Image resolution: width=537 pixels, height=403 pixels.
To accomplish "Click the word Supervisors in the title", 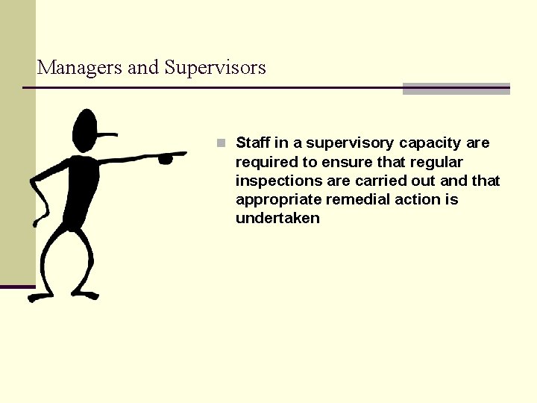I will click(x=215, y=68).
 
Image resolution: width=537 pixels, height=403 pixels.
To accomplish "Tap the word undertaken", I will click(x=277, y=218).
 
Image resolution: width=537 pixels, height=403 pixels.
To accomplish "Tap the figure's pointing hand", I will click(x=169, y=157).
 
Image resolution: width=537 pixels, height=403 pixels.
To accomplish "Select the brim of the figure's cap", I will click(x=107, y=134).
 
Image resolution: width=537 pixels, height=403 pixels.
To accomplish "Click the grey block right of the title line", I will click(x=456, y=89).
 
